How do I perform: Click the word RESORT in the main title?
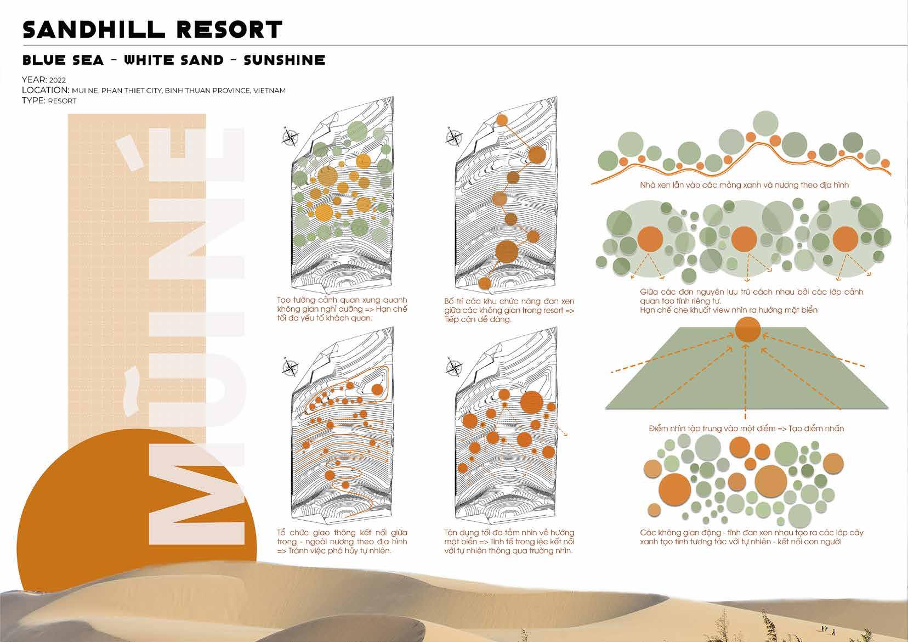point(230,30)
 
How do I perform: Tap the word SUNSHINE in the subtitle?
point(284,60)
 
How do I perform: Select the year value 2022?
point(58,80)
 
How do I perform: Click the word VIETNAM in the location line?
point(270,91)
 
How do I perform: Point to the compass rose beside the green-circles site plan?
point(290,136)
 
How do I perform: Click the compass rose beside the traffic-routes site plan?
point(290,367)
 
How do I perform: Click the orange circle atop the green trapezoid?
point(748,330)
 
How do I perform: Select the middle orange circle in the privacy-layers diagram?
point(744,239)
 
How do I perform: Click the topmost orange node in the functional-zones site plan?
point(502,120)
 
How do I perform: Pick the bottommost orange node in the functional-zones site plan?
point(485,283)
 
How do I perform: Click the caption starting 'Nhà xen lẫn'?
point(744,185)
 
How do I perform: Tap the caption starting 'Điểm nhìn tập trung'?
point(746,428)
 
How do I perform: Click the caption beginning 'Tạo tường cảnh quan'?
point(342,309)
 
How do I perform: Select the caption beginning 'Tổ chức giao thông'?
point(342,542)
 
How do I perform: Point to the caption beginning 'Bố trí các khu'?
point(509,310)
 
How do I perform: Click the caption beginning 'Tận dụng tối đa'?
point(509,542)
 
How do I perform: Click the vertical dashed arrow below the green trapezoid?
point(746,381)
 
